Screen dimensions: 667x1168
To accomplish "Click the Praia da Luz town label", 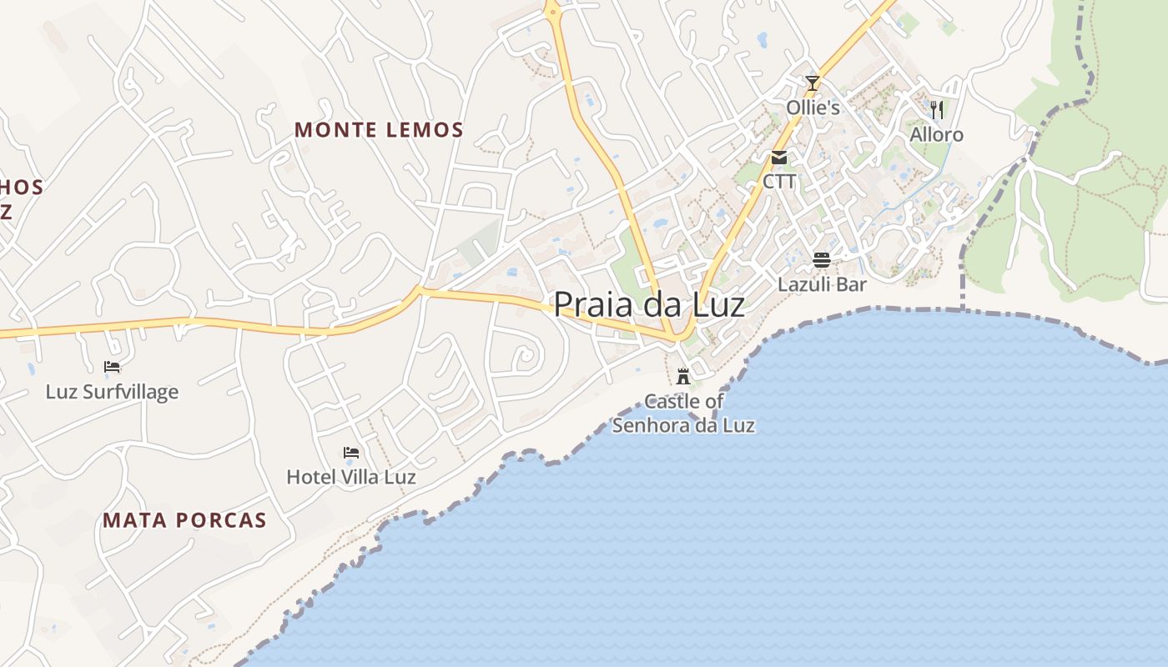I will (x=649, y=304).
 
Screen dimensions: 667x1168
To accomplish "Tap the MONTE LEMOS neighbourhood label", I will (x=379, y=130).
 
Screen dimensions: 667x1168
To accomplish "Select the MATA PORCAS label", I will (x=184, y=520).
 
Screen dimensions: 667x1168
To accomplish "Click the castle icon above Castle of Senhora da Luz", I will (x=683, y=376).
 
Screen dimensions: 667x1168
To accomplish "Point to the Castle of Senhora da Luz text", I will (x=683, y=414).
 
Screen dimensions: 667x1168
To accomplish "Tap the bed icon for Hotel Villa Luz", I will (x=351, y=453).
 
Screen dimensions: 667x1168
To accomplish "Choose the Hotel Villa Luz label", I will (x=351, y=477).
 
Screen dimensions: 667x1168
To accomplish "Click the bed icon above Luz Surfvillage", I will (x=112, y=366).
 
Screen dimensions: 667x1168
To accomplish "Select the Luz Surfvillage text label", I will (x=112, y=391).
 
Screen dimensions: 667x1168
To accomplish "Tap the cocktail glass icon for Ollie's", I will (x=813, y=83).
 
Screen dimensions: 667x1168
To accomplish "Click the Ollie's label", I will (x=813, y=108).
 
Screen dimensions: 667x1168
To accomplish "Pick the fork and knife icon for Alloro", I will (x=937, y=109).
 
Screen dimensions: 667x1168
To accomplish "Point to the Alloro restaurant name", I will (x=936, y=134).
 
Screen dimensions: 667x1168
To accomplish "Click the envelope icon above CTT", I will (x=779, y=157).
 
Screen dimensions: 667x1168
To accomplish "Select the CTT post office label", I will (x=779, y=181).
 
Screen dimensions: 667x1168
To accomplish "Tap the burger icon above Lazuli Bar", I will (x=822, y=259).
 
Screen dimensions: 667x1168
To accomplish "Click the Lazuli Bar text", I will (x=822, y=284).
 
